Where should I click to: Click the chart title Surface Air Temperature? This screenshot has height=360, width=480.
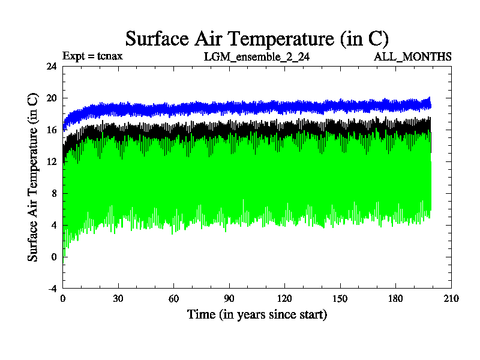click(x=257, y=38)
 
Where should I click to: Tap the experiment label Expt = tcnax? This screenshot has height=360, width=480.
click(x=93, y=56)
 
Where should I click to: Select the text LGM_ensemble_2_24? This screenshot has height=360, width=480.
click(x=257, y=56)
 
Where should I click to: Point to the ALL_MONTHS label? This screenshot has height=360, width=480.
click(x=413, y=56)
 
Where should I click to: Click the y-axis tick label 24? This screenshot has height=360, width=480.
click(x=52, y=67)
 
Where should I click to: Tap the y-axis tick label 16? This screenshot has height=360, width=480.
click(x=52, y=130)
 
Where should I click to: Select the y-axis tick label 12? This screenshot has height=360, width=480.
click(x=52, y=162)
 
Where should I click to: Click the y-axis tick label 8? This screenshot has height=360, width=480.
click(x=54, y=194)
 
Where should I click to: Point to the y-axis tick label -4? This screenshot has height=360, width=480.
click(x=52, y=289)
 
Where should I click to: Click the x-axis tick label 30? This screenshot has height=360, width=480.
click(x=118, y=299)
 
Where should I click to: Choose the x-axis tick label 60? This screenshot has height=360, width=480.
click(x=173, y=299)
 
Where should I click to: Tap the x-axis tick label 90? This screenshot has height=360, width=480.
click(x=229, y=299)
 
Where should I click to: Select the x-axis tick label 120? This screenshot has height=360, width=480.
click(x=284, y=299)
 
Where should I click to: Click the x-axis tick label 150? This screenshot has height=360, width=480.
click(x=340, y=299)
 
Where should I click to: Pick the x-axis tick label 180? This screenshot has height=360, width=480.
click(x=395, y=299)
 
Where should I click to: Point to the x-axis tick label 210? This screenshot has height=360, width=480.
click(x=451, y=299)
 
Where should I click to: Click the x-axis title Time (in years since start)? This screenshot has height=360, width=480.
click(x=257, y=314)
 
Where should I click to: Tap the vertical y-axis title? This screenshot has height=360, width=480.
click(x=34, y=177)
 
